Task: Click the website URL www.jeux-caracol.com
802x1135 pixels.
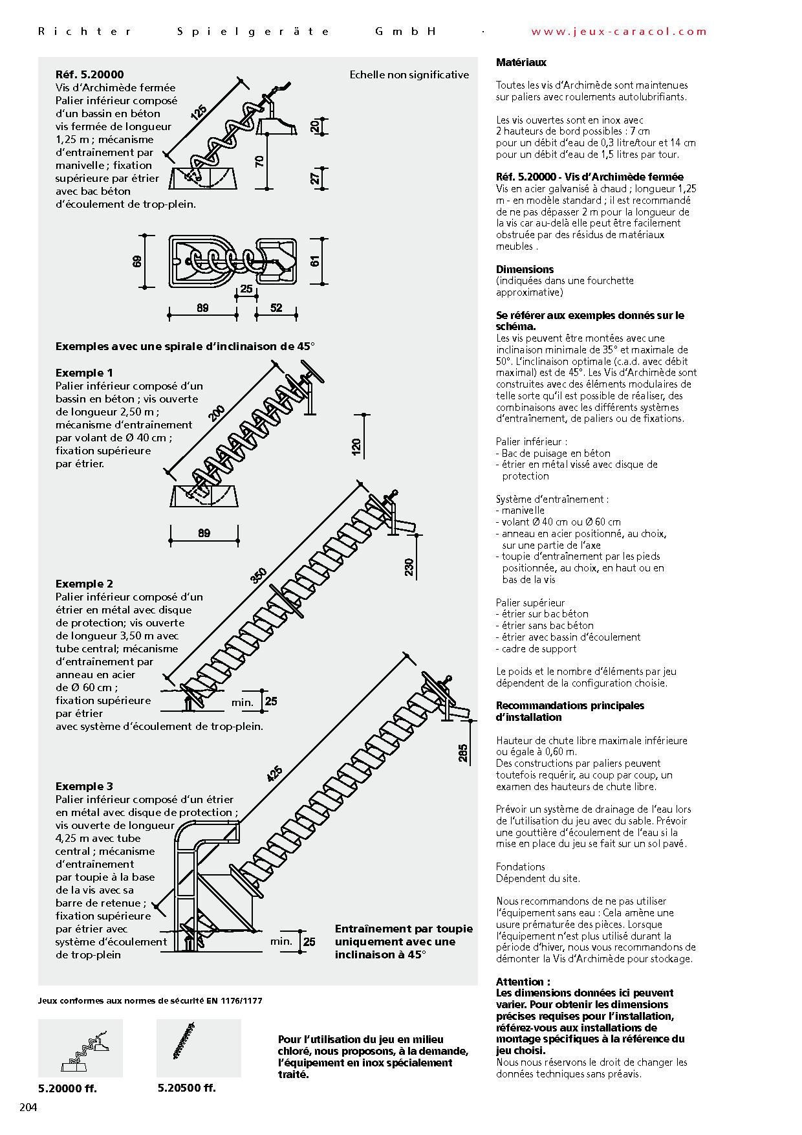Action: [619, 31]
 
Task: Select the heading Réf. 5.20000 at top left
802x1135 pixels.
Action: [89, 75]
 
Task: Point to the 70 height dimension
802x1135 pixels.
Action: [260, 161]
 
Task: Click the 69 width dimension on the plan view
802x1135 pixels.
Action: [137, 262]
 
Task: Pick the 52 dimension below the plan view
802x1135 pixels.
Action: [276, 308]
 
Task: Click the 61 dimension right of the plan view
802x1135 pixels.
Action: [315, 261]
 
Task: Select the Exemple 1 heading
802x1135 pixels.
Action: [84, 373]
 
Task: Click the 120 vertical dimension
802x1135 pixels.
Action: [356, 446]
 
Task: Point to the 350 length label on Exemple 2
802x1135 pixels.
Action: [259, 575]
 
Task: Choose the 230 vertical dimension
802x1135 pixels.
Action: [409, 567]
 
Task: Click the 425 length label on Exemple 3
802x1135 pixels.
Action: [274, 773]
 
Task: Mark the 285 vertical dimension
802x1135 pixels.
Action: [463, 752]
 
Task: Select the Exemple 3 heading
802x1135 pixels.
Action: [84, 786]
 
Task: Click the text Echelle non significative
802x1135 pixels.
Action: [409, 75]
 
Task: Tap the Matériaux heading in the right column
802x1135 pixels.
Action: [521, 63]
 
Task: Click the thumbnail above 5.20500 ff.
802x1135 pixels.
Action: [199, 1048]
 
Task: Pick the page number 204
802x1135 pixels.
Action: [29, 1107]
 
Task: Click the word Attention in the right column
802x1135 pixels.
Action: [521, 982]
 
